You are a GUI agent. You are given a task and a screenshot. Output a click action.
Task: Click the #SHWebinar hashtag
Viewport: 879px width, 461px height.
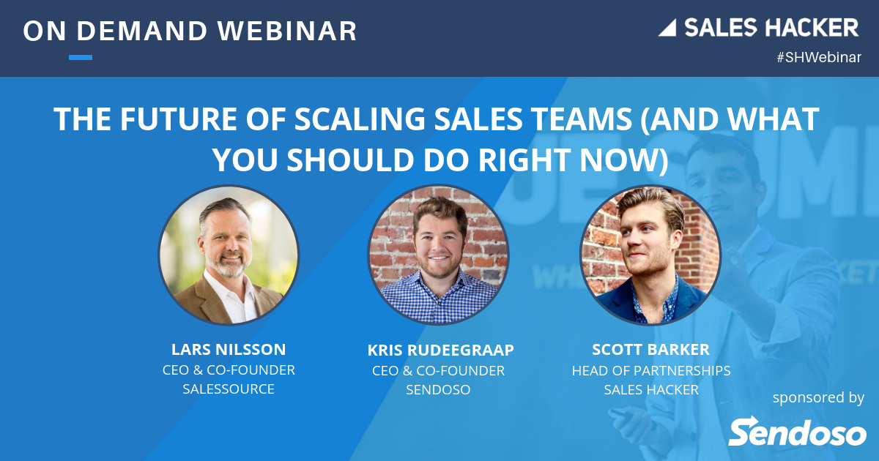818,58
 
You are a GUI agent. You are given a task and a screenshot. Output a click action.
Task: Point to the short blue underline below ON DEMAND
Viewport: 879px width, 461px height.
81,57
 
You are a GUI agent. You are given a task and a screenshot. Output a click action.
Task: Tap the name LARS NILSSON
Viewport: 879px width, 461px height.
229,349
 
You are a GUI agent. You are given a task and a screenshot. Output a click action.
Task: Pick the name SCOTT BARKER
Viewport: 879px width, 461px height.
650,349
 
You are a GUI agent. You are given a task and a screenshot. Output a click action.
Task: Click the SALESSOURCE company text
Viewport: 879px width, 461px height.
229,389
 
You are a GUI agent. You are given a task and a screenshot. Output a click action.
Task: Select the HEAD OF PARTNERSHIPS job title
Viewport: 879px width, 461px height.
650,370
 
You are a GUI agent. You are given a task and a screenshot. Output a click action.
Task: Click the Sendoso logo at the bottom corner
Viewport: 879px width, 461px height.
797,431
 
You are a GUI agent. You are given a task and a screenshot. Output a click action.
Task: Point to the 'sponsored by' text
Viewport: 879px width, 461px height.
818,397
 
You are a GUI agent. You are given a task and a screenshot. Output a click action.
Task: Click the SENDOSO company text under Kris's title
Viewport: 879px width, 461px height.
438,390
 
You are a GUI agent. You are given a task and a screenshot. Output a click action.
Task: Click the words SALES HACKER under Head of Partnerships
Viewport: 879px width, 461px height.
650,390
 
